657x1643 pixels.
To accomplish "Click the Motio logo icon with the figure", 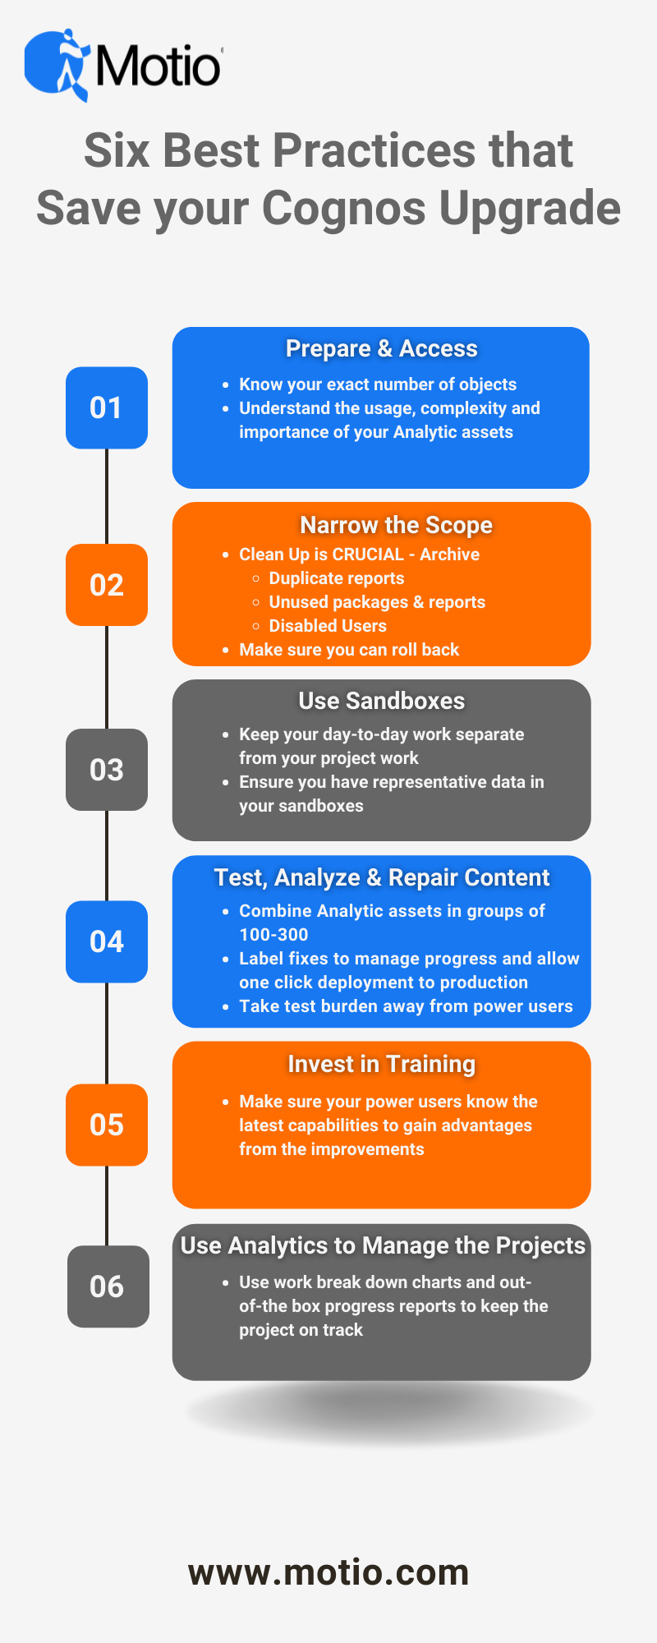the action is point(57,66).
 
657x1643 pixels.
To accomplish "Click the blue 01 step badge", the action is point(107,407).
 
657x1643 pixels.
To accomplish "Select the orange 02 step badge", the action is point(107,585).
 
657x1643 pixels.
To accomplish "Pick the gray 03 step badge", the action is point(107,770).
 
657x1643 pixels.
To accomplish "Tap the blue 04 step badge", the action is point(107,941).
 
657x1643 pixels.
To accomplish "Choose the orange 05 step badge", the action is point(107,1125).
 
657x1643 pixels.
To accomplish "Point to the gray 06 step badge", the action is point(108,1286).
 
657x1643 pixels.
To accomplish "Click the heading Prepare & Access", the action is point(382,348).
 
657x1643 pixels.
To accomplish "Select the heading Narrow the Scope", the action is point(397,525).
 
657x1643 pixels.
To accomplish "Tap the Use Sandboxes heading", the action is point(382,701).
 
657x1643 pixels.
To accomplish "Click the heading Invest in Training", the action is point(382,1064).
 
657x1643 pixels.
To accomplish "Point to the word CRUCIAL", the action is point(368,555).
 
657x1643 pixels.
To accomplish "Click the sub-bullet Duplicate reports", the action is point(337,578).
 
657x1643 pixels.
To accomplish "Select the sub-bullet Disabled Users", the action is point(328,626).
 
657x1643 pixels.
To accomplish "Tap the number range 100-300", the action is point(273,935).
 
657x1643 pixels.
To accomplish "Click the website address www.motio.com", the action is point(328,1572).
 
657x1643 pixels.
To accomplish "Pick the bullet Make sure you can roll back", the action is point(349,650).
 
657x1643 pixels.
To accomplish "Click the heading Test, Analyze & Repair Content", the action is point(382,877).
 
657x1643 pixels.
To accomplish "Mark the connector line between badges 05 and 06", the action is point(107,1206).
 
